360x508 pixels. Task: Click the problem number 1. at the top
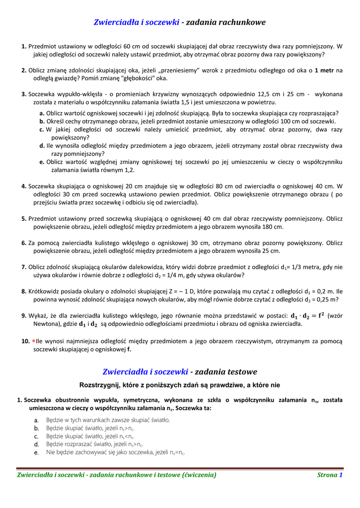pos(24,46)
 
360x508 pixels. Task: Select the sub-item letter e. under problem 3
pos(42,162)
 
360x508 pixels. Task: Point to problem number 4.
pos(24,186)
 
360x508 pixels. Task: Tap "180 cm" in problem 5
pos(272,226)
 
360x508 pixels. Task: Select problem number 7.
pos(24,267)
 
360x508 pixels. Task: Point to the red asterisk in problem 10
pos(34,341)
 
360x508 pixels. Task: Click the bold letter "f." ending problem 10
pos(129,349)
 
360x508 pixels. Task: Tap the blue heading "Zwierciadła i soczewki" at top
pos(137,22)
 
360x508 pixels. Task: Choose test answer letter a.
pos(36,420)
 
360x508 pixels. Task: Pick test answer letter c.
pos(36,436)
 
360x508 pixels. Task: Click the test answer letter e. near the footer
pos(36,452)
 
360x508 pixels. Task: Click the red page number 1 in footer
pos(341,475)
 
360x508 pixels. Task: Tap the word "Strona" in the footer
pos(327,475)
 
